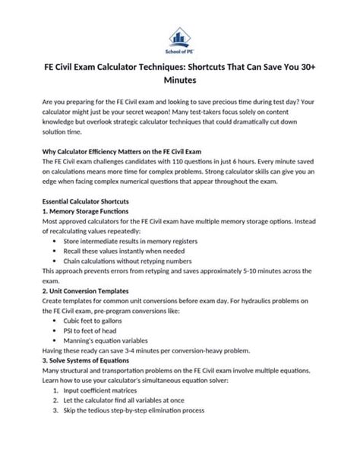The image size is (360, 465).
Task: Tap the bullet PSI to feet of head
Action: coord(99,342)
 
